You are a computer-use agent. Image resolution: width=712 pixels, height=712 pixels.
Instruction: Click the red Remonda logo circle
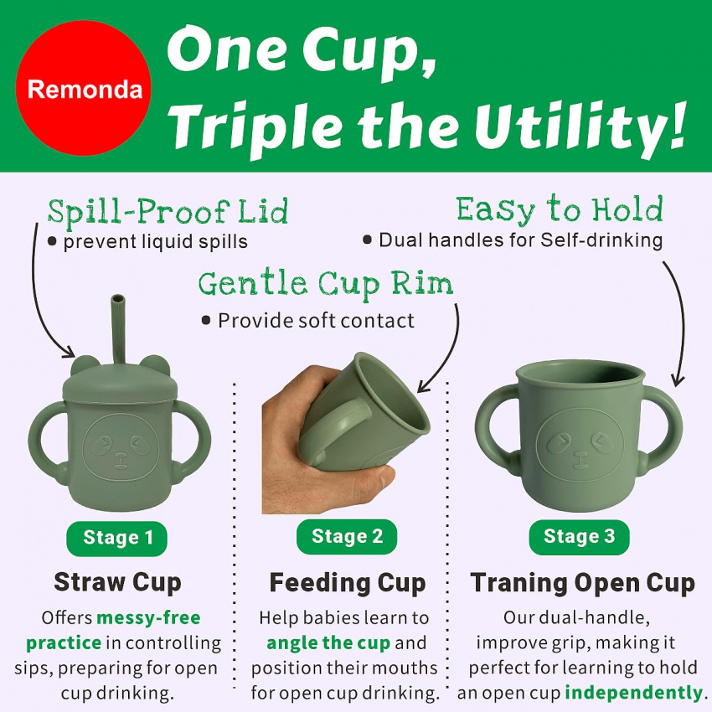tap(84, 88)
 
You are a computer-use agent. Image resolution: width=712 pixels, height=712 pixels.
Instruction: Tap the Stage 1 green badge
tap(117, 538)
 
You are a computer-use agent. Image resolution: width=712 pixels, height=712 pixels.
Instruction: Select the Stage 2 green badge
tap(347, 537)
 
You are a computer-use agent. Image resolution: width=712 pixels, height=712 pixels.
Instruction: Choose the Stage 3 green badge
tap(579, 537)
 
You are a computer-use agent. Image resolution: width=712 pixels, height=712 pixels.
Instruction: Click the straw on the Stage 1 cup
tap(118, 328)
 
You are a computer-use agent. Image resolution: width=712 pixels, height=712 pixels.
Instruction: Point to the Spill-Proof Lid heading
tap(168, 211)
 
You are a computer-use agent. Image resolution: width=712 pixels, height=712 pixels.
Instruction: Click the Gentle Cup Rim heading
tap(326, 284)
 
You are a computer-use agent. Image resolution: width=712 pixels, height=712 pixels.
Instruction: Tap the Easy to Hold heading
tap(560, 209)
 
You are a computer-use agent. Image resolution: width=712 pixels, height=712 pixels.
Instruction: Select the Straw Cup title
tap(117, 582)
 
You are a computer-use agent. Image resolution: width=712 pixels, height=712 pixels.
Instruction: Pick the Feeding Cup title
tap(348, 582)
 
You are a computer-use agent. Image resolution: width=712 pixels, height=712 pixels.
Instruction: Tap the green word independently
tap(634, 693)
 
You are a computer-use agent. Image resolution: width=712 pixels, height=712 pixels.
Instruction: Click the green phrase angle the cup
tap(328, 643)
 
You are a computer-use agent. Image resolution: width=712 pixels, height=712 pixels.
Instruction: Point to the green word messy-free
tap(148, 617)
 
